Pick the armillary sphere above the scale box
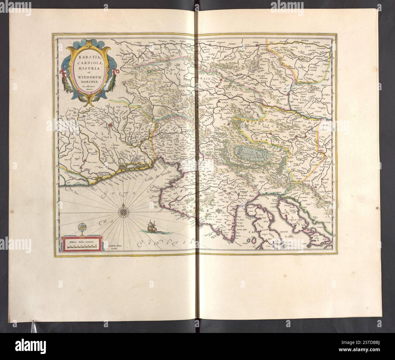(x=81, y=228)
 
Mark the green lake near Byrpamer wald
(x=252, y=151)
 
